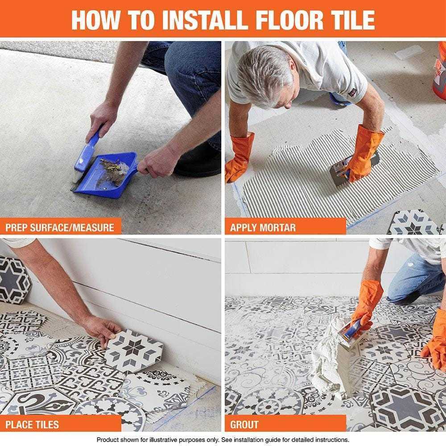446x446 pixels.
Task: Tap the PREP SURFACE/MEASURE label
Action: pyautogui.click(x=60, y=227)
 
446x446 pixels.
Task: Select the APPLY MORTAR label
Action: pyautogui.click(x=263, y=227)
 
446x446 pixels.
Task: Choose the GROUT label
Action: pyautogui.click(x=244, y=424)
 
